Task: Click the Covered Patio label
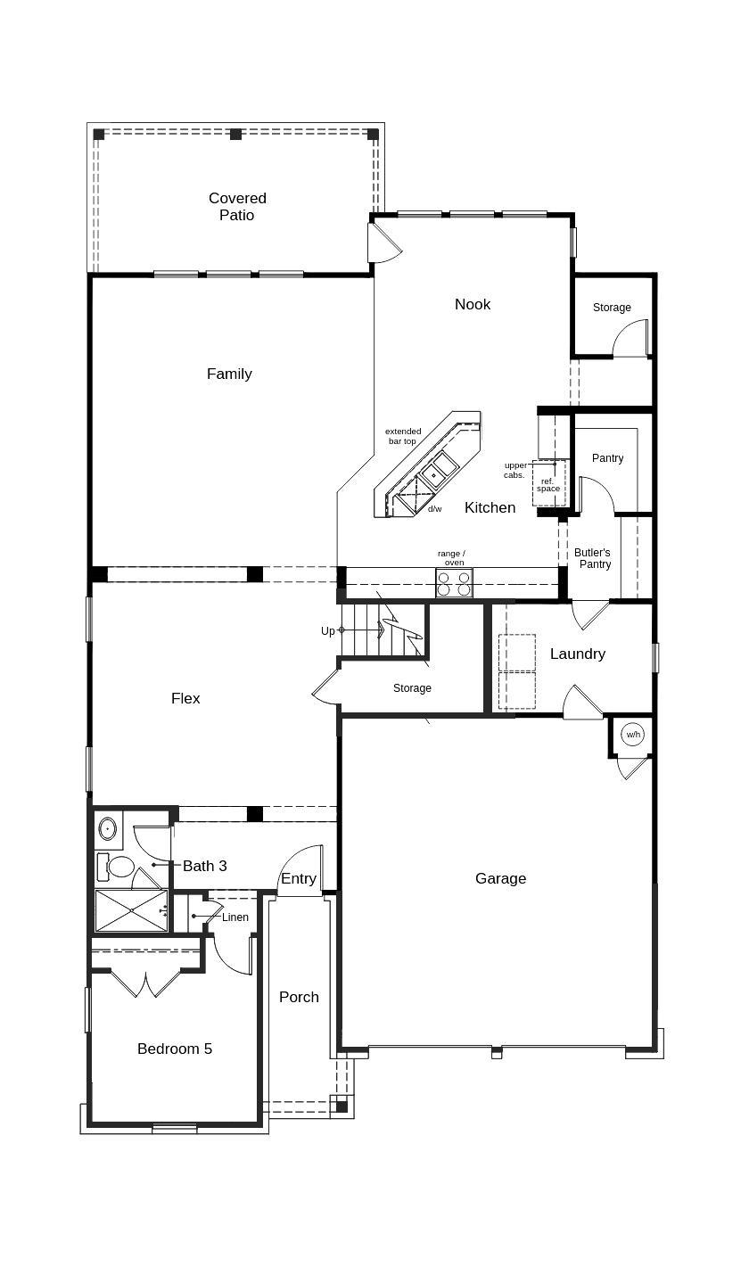coord(237,207)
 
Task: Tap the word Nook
coord(473,304)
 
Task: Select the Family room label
coord(229,374)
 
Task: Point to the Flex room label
coord(185,698)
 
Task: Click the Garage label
coord(500,878)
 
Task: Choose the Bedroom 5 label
coord(175,1049)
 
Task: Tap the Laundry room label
coord(577,654)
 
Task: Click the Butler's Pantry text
coord(593,558)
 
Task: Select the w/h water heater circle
coord(633,735)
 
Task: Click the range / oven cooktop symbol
coord(454,583)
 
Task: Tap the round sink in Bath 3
coord(108,829)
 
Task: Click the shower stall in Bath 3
coord(131,910)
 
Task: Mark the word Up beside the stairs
coord(328,631)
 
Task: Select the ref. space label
coord(548,485)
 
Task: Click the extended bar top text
coord(403,436)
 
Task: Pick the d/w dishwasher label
coord(434,509)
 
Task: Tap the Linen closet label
coord(235,917)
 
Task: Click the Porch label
coord(299,997)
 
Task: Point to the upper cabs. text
coord(515,470)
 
